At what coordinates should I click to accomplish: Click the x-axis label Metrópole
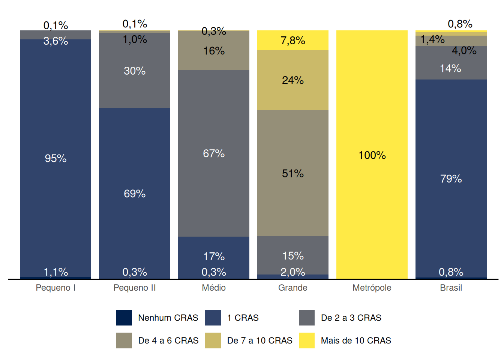tap(372, 288)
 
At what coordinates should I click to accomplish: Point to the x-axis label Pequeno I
tap(55, 288)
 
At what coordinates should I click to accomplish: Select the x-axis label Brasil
tap(451, 288)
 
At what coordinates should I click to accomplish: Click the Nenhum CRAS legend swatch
tap(124, 318)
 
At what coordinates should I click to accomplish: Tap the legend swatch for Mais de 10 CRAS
tap(307, 340)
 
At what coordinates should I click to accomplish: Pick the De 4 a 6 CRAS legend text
tap(168, 340)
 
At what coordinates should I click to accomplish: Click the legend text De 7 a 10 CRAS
tap(259, 340)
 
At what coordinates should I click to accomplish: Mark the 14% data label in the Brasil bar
tap(450, 68)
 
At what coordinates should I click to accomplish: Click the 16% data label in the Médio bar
tap(214, 51)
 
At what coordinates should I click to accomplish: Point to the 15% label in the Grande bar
tap(292, 256)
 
